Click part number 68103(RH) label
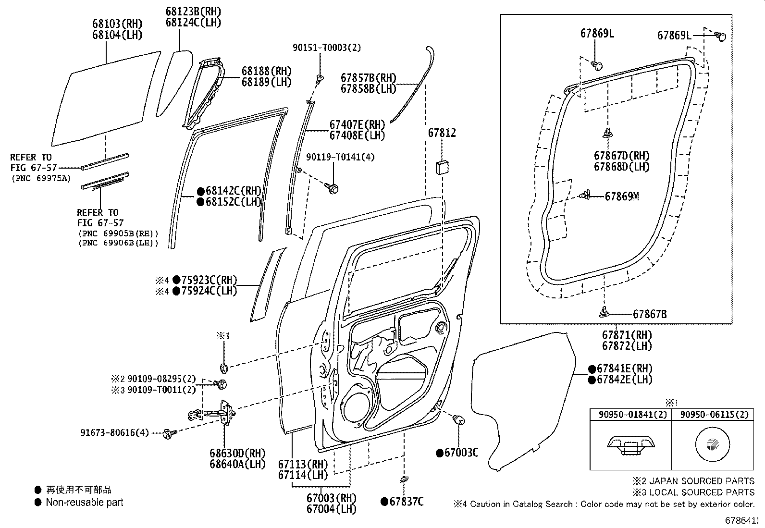[x=117, y=24]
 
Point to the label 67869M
[x=621, y=196]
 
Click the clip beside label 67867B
[x=604, y=313]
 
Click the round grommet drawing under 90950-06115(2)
[x=712, y=444]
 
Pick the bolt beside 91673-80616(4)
[x=169, y=433]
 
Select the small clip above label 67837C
[x=404, y=480]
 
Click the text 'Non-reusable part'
[x=85, y=503]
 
